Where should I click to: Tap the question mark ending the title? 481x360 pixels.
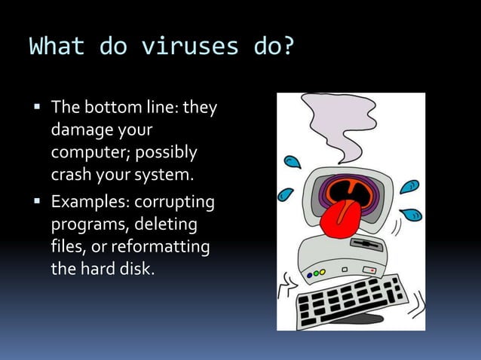pos(285,47)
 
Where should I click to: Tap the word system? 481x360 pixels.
pos(165,175)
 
